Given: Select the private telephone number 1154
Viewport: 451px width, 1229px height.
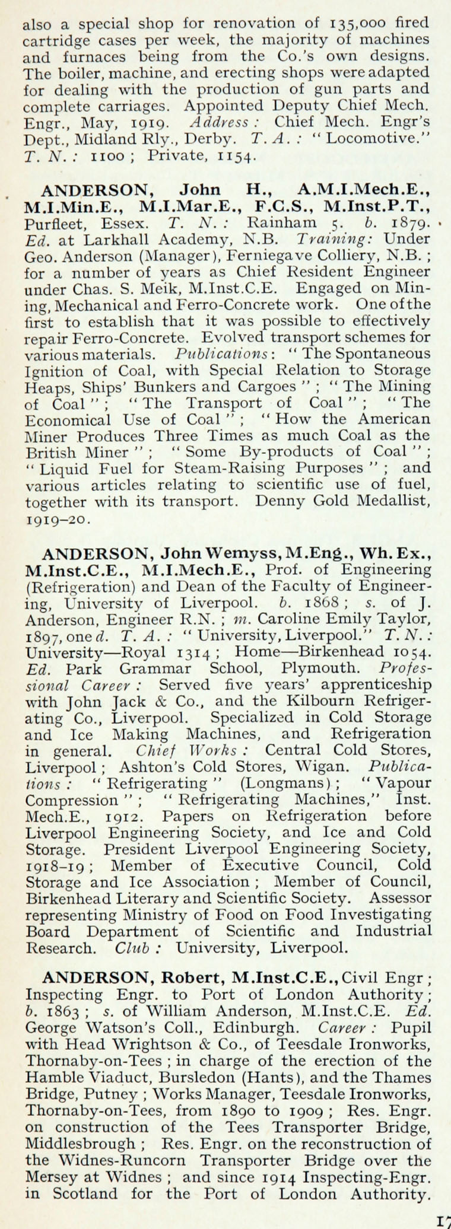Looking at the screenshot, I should point(237,156).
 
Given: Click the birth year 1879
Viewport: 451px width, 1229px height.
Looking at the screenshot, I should point(406,224).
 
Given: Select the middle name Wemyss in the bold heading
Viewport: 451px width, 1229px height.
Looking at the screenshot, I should point(246,553).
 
